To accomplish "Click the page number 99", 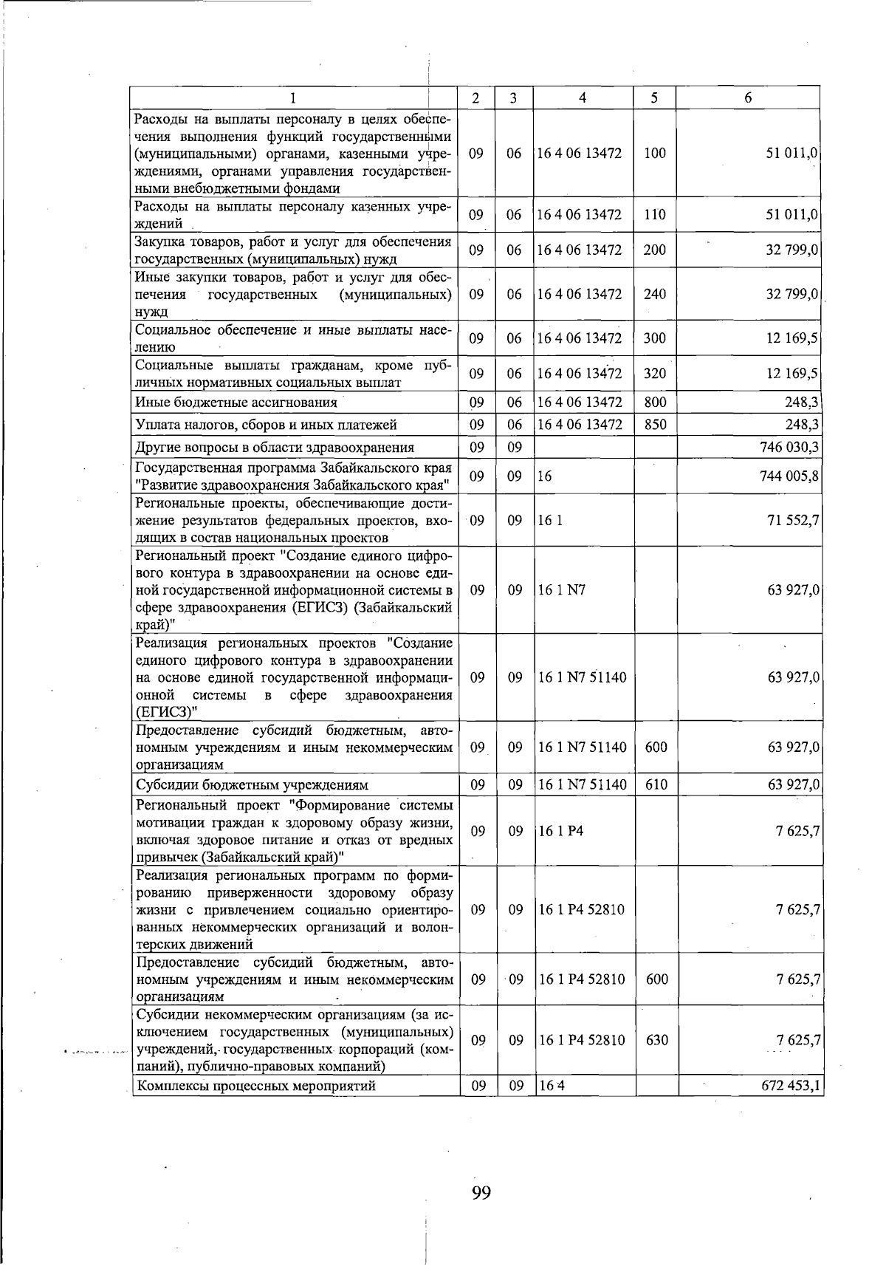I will pos(481,1191).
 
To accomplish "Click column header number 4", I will pos(583,97).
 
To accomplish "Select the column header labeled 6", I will pos(748,97).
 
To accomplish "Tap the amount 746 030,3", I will pos(789,447).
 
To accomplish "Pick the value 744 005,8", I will pos(789,476).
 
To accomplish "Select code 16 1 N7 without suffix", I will pos(561,590).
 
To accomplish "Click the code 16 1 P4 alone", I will pos(560,831).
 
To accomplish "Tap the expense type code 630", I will pos(656,1040).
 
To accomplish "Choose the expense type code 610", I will pos(656,784).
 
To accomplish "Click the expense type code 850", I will pos(655,425).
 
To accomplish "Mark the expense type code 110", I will pos(654,215).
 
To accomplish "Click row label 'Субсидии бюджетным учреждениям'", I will pos(253,784).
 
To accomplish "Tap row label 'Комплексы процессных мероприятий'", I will pos(256,1085).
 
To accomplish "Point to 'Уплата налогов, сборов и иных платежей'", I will pos(267,425).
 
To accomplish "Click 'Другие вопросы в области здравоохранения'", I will pos(275,447).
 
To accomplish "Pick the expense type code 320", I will pos(654,374).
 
